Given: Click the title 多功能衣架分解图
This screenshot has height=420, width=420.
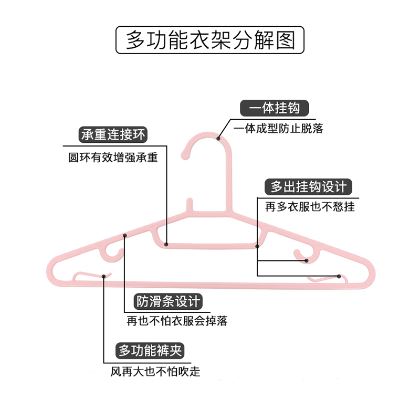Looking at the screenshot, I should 210,40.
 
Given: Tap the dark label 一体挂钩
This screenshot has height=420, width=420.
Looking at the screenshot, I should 274,108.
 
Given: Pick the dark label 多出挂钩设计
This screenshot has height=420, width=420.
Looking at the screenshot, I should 308,187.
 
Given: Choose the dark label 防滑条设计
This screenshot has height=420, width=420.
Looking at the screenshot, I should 168,301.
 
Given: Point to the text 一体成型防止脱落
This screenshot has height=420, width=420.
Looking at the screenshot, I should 278,129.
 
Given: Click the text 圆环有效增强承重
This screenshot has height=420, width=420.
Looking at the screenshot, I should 113,157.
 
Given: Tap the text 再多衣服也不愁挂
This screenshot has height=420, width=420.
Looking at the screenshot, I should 310,207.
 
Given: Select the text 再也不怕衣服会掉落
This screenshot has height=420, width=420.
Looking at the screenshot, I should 177,321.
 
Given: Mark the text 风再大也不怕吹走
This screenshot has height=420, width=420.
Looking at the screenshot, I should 155,372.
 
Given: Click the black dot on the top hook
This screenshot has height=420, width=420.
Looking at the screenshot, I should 218,138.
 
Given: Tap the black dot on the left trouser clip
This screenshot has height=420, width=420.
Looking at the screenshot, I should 104,275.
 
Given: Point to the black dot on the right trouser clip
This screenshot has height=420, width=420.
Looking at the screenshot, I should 339,276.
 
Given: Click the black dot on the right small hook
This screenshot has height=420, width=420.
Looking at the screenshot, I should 307,260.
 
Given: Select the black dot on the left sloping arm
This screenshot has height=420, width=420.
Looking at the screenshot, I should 125,236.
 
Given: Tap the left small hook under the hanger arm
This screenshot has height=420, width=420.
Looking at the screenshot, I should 112,255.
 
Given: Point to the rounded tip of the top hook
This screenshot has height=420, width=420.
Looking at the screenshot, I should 184,154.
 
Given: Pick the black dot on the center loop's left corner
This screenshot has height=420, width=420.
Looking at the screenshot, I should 166,244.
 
